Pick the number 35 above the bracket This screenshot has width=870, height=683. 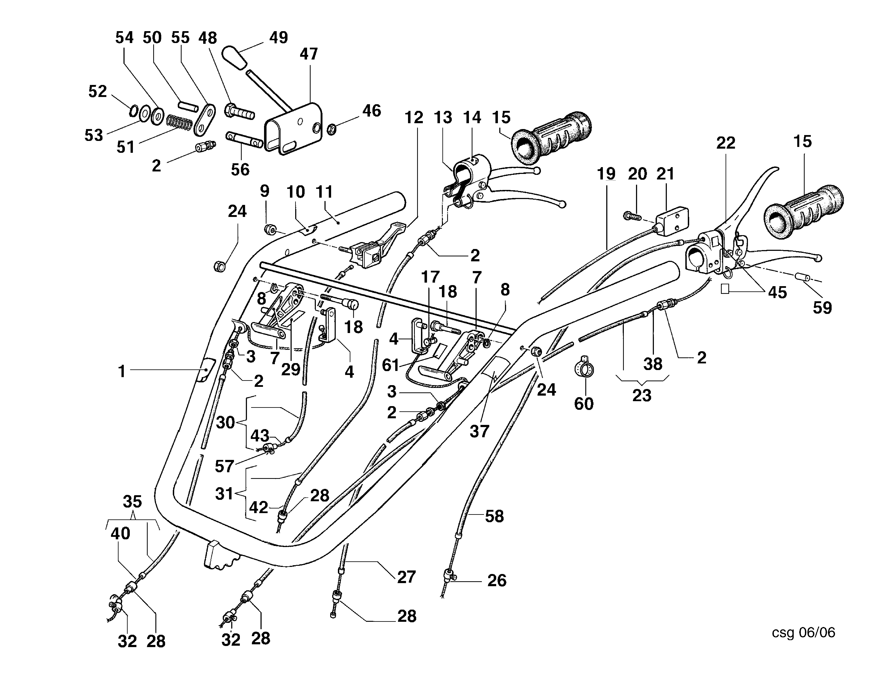click(132, 501)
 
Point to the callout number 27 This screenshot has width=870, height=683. click(406, 577)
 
